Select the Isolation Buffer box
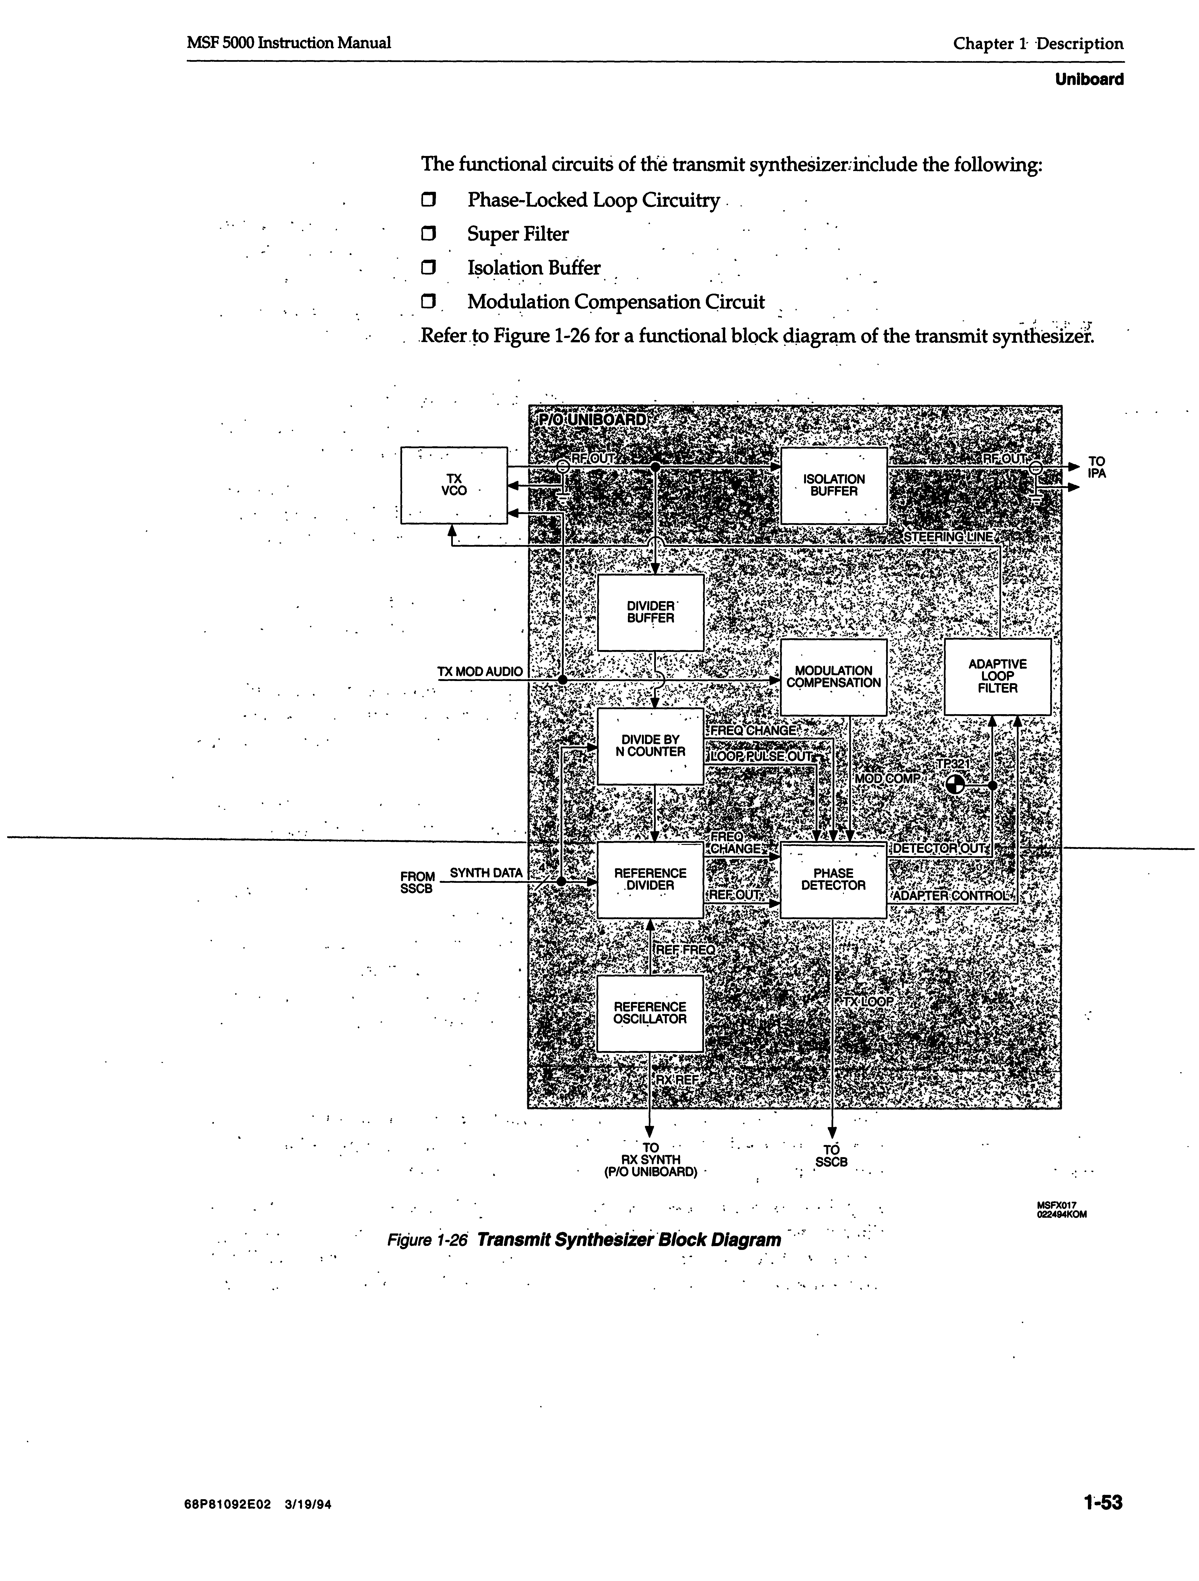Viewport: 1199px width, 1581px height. click(833, 485)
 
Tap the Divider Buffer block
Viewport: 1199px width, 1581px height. click(650, 613)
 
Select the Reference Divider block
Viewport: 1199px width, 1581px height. click(650, 879)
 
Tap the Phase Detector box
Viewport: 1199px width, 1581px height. click(833, 879)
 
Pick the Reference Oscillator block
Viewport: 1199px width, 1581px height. click(650, 1013)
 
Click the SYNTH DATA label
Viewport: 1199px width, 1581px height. click(486, 873)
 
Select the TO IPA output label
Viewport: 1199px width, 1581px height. click(1096, 468)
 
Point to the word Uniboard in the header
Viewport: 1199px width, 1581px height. click(1089, 79)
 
